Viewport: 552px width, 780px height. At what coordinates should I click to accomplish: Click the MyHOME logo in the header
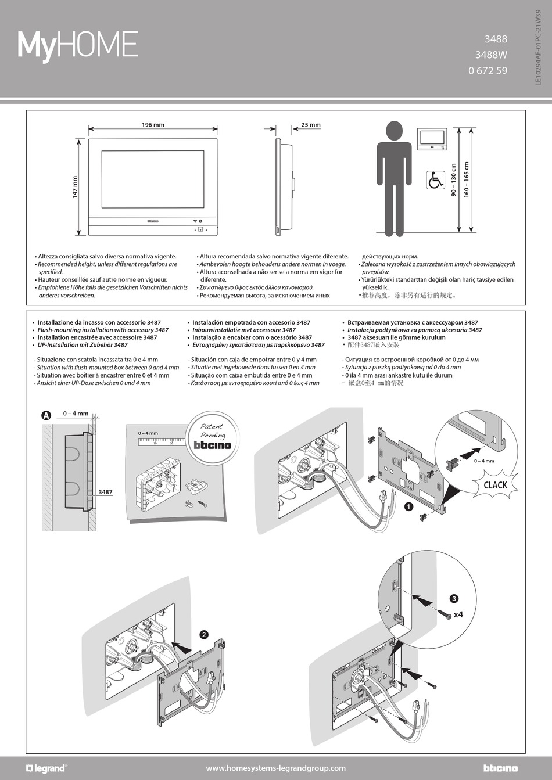pyautogui.click(x=78, y=45)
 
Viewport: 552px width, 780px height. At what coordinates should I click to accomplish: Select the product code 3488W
pyautogui.click(x=490, y=55)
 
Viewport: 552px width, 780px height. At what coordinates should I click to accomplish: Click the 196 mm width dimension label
pyautogui.click(x=153, y=125)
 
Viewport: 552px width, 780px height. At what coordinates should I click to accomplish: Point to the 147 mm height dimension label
pyautogui.click(x=75, y=187)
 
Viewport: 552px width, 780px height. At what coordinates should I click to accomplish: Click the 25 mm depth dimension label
pyautogui.click(x=310, y=125)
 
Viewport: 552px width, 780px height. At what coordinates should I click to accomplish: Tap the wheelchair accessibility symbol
pyautogui.click(x=435, y=180)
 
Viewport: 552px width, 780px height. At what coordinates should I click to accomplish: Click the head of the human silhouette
pyautogui.click(x=394, y=130)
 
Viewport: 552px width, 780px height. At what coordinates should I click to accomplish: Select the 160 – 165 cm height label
pyautogui.click(x=467, y=179)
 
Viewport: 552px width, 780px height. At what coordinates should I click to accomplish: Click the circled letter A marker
pyautogui.click(x=46, y=415)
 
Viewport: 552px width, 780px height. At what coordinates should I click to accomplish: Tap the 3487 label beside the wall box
pyautogui.click(x=105, y=492)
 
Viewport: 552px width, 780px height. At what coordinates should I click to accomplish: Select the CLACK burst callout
pyautogui.click(x=495, y=485)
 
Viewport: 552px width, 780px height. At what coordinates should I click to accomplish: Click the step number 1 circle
pyautogui.click(x=408, y=506)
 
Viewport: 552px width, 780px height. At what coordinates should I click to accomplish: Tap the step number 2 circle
pyautogui.click(x=204, y=635)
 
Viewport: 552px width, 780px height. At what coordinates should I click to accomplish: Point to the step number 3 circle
pyautogui.click(x=454, y=599)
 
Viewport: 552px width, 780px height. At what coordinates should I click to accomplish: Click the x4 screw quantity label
pyautogui.click(x=458, y=614)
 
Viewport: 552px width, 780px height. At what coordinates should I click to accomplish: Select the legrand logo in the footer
pyautogui.click(x=46, y=768)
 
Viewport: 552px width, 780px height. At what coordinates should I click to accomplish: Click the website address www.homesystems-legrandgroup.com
pyautogui.click(x=275, y=768)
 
